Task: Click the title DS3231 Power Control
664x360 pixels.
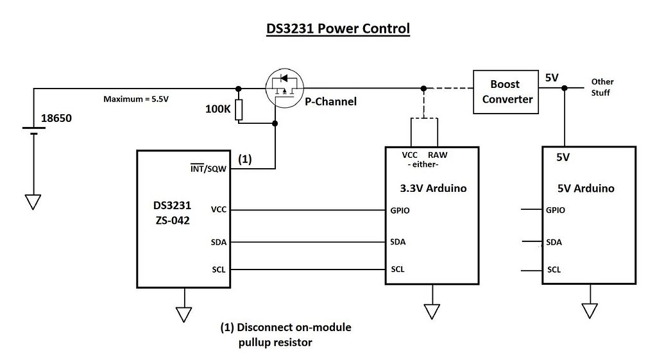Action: click(x=337, y=29)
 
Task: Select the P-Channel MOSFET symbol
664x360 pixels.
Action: click(x=284, y=89)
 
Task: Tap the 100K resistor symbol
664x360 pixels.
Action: click(x=239, y=110)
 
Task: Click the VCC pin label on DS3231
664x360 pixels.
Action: click(x=219, y=210)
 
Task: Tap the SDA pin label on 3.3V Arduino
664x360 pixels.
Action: click(x=398, y=242)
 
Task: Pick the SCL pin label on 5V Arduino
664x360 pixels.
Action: click(x=554, y=270)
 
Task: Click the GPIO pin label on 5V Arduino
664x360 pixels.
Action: click(x=556, y=210)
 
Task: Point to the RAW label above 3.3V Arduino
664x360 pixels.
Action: click(x=438, y=155)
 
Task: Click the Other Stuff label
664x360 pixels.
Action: click(x=602, y=87)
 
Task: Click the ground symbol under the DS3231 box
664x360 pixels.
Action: click(x=185, y=314)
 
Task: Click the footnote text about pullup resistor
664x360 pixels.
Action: click(x=285, y=334)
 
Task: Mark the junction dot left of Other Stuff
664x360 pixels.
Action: click(x=565, y=88)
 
